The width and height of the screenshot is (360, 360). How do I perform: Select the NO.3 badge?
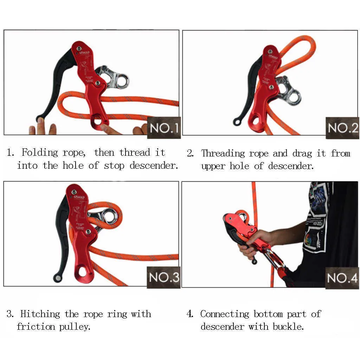164,277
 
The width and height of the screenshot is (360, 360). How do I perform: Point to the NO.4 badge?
342,278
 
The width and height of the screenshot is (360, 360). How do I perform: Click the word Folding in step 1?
40,153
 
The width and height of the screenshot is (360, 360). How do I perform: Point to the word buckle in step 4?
288,327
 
